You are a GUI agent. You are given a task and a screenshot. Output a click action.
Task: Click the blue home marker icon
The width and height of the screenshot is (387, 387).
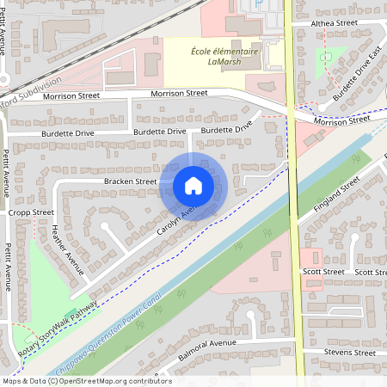click(193, 185)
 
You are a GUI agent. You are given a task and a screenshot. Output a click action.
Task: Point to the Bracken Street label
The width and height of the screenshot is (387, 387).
click(131, 181)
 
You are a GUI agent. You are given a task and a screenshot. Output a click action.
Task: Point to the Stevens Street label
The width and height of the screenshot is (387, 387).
click(350, 353)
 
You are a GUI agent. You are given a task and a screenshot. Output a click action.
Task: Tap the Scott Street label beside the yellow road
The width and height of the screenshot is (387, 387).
click(323, 272)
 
